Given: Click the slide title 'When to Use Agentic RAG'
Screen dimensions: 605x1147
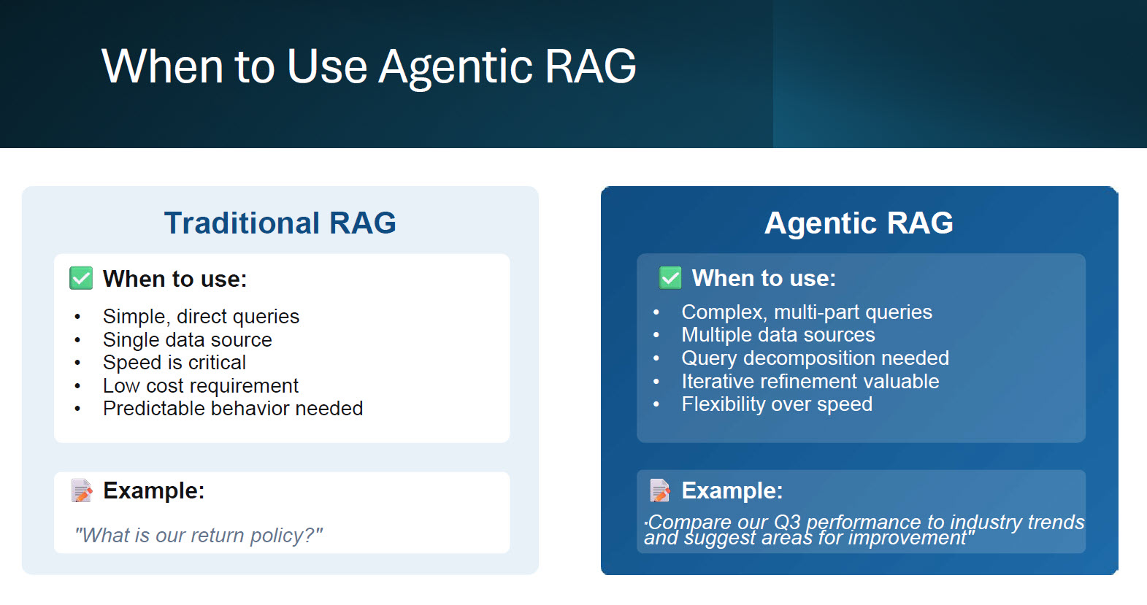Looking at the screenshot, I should click(x=369, y=66).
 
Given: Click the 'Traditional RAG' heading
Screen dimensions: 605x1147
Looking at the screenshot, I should click(x=280, y=223).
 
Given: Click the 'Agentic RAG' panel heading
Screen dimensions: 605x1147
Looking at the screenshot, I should click(x=859, y=223).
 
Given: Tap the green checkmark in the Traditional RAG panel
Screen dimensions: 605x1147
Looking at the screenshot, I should click(x=81, y=278).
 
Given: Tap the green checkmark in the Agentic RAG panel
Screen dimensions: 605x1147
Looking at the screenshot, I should click(x=670, y=277).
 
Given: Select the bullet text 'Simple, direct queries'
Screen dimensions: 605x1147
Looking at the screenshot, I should click(x=201, y=317).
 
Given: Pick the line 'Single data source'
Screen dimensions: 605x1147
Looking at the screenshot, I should click(x=187, y=340).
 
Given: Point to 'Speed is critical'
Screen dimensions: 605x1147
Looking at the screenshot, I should click(x=174, y=363).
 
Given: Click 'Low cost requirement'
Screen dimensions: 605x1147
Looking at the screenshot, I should click(x=200, y=386).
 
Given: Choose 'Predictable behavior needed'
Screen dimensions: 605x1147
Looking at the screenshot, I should click(x=232, y=409).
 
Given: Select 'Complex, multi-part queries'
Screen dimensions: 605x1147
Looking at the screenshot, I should click(x=806, y=312).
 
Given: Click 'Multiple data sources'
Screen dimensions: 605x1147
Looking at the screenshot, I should click(x=778, y=335).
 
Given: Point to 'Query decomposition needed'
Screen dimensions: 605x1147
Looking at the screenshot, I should click(x=815, y=358).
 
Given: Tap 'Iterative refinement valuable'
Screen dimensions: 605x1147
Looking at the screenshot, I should click(x=810, y=382).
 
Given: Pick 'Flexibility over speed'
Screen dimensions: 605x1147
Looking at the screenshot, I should click(x=776, y=404).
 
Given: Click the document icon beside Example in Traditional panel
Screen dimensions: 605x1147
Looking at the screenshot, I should click(x=82, y=490).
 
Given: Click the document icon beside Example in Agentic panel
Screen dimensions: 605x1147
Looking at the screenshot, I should click(x=660, y=490).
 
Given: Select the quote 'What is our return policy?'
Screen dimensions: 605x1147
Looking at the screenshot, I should click(x=199, y=536).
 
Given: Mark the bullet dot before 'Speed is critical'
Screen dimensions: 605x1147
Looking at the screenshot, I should click(x=77, y=363).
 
